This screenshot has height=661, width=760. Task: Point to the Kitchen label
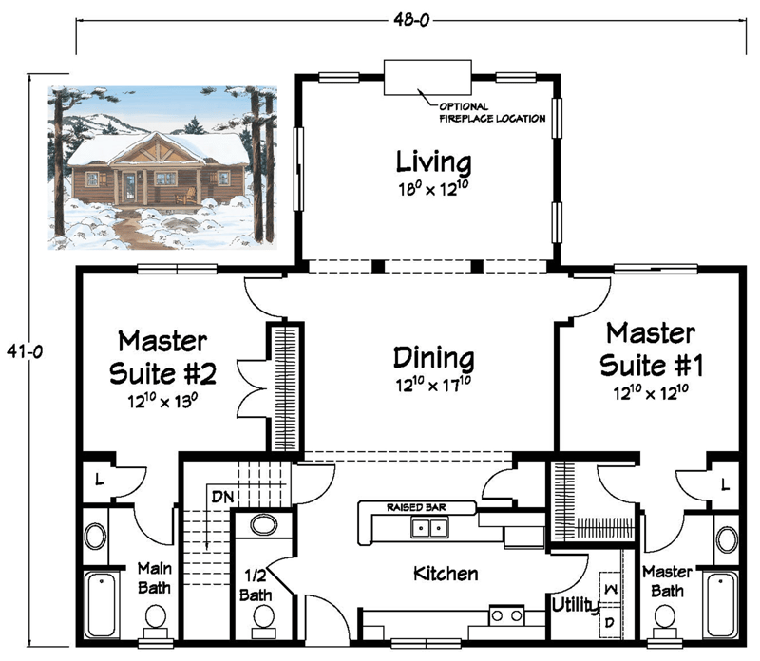click(445, 574)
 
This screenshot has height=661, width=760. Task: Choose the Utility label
click(575, 604)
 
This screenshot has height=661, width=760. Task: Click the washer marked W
click(609, 590)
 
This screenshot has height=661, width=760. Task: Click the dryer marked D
click(609, 622)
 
